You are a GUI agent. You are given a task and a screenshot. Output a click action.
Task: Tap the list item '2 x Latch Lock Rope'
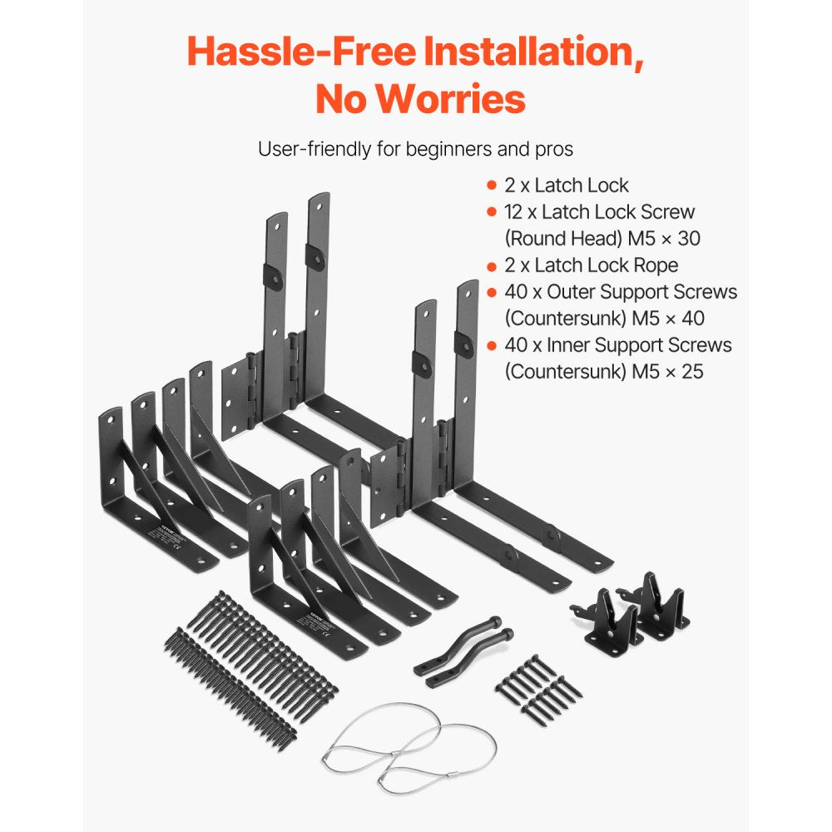[591, 265]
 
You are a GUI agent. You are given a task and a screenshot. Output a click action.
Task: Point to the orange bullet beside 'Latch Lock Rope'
[492, 265]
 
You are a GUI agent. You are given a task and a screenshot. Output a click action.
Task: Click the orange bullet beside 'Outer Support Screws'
[492, 292]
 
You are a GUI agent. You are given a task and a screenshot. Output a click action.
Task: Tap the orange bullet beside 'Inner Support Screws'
[492, 344]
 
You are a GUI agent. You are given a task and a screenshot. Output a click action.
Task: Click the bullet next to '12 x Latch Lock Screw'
[492, 212]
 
